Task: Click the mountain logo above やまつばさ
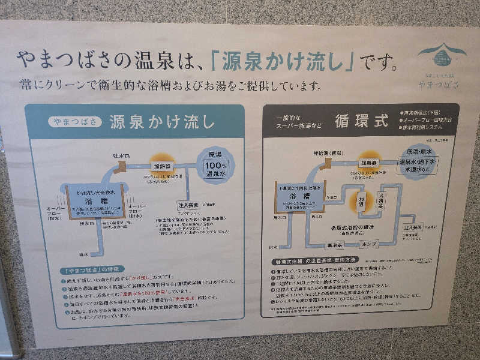(442, 55)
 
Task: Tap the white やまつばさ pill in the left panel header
(74, 122)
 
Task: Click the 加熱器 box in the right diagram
(368, 163)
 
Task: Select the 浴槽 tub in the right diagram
(299, 197)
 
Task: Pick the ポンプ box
(368, 244)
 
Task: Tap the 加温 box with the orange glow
(362, 202)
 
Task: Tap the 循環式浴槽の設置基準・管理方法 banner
(314, 261)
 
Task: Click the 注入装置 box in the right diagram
(413, 228)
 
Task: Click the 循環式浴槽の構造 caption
(352, 228)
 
